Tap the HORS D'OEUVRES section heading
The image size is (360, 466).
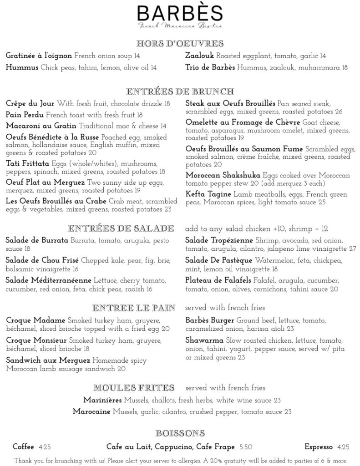[x=180, y=44]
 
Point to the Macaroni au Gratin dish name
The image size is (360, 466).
[x=41, y=126]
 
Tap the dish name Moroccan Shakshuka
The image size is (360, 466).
[x=223, y=176]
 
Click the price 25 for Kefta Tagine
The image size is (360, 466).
[x=322, y=202]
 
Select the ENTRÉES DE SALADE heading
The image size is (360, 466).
[x=121, y=228]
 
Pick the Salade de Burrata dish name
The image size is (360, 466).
[x=37, y=240]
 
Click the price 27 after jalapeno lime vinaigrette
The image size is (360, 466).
[x=352, y=248]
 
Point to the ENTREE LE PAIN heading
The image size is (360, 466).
[x=134, y=308]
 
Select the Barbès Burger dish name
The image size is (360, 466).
[x=210, y=320]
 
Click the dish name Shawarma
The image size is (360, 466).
[x=204, y=340]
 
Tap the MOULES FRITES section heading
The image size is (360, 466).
[x=134, y=388]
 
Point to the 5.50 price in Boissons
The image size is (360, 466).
[x=246, y=447]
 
